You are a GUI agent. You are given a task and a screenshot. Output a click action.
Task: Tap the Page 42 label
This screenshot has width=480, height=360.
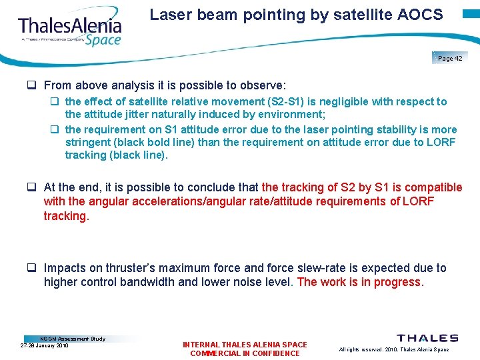451,59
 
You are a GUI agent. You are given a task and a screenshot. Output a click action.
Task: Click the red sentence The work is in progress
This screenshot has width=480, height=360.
360,282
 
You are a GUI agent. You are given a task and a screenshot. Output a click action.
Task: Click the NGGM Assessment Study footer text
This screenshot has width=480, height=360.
73,339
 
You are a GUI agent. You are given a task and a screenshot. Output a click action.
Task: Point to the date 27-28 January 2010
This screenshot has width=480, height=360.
44,345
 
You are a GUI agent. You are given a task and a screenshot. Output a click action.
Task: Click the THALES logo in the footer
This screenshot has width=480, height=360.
427,339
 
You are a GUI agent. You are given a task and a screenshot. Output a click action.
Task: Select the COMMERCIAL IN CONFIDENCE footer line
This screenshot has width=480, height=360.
245,353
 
